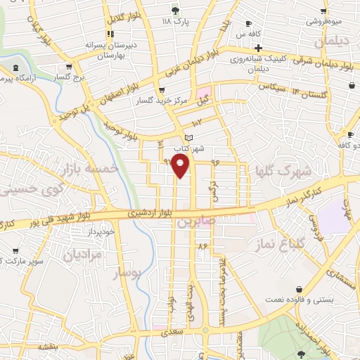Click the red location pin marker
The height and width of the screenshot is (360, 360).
(x=181, y=167)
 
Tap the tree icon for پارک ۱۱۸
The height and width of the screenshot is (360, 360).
(x=175, y=10)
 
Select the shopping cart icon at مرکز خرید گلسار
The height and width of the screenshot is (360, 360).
(x=162, y=89)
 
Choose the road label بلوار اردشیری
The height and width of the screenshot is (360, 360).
(x=150, y=212)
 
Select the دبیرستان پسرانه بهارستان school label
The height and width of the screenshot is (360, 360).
(x=109, y=49)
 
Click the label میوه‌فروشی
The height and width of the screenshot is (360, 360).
(x=323, y=21)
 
